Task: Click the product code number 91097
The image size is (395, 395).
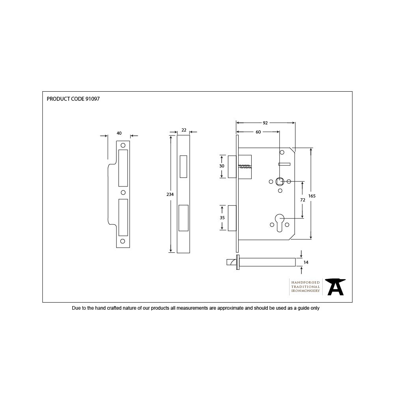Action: (x=92, y=99)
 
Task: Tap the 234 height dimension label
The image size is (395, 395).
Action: (x=170, y=194)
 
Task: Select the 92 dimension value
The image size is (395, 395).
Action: (x=265, y=123)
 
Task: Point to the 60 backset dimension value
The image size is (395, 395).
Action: (x=258, y=132)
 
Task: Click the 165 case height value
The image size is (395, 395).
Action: (x=312, y=196)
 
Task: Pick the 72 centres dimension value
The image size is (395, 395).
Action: (x=303, y=200)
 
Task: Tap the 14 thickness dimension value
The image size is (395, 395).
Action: (x=306, y=262)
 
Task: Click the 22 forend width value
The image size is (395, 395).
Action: (x=184, y=130)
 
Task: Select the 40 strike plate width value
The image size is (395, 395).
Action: (x=119, y=133)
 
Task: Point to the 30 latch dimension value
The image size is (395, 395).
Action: (x=222, y=166)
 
